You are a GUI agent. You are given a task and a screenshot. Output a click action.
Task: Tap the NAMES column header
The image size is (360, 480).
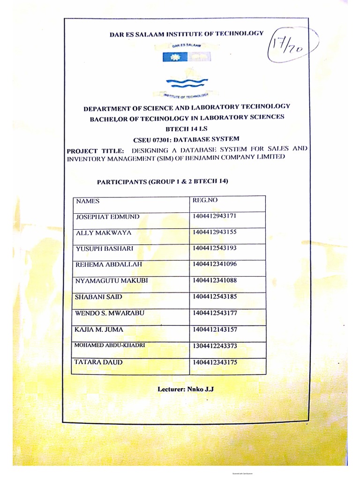pyautogui.click(x=88, y=201)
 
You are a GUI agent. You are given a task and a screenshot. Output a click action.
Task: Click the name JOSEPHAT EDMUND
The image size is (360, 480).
pyautogui.click(x=107, y=217)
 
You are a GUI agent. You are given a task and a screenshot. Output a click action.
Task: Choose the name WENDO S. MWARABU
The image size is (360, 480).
pyautogui.click(x=109, y=313)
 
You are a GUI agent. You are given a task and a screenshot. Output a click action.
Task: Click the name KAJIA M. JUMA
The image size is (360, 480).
pyautogui.click(x=99, y=329)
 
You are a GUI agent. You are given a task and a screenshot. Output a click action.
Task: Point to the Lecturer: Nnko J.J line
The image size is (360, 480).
pyautogui.click(x=186, y=390)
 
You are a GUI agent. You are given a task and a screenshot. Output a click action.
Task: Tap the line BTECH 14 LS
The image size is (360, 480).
pyautogui.click(x=187, y=128)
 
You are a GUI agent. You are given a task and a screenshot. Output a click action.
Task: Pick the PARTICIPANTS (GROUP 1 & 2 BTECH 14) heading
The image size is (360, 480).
pyautogui.click(x=165, y=181)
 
